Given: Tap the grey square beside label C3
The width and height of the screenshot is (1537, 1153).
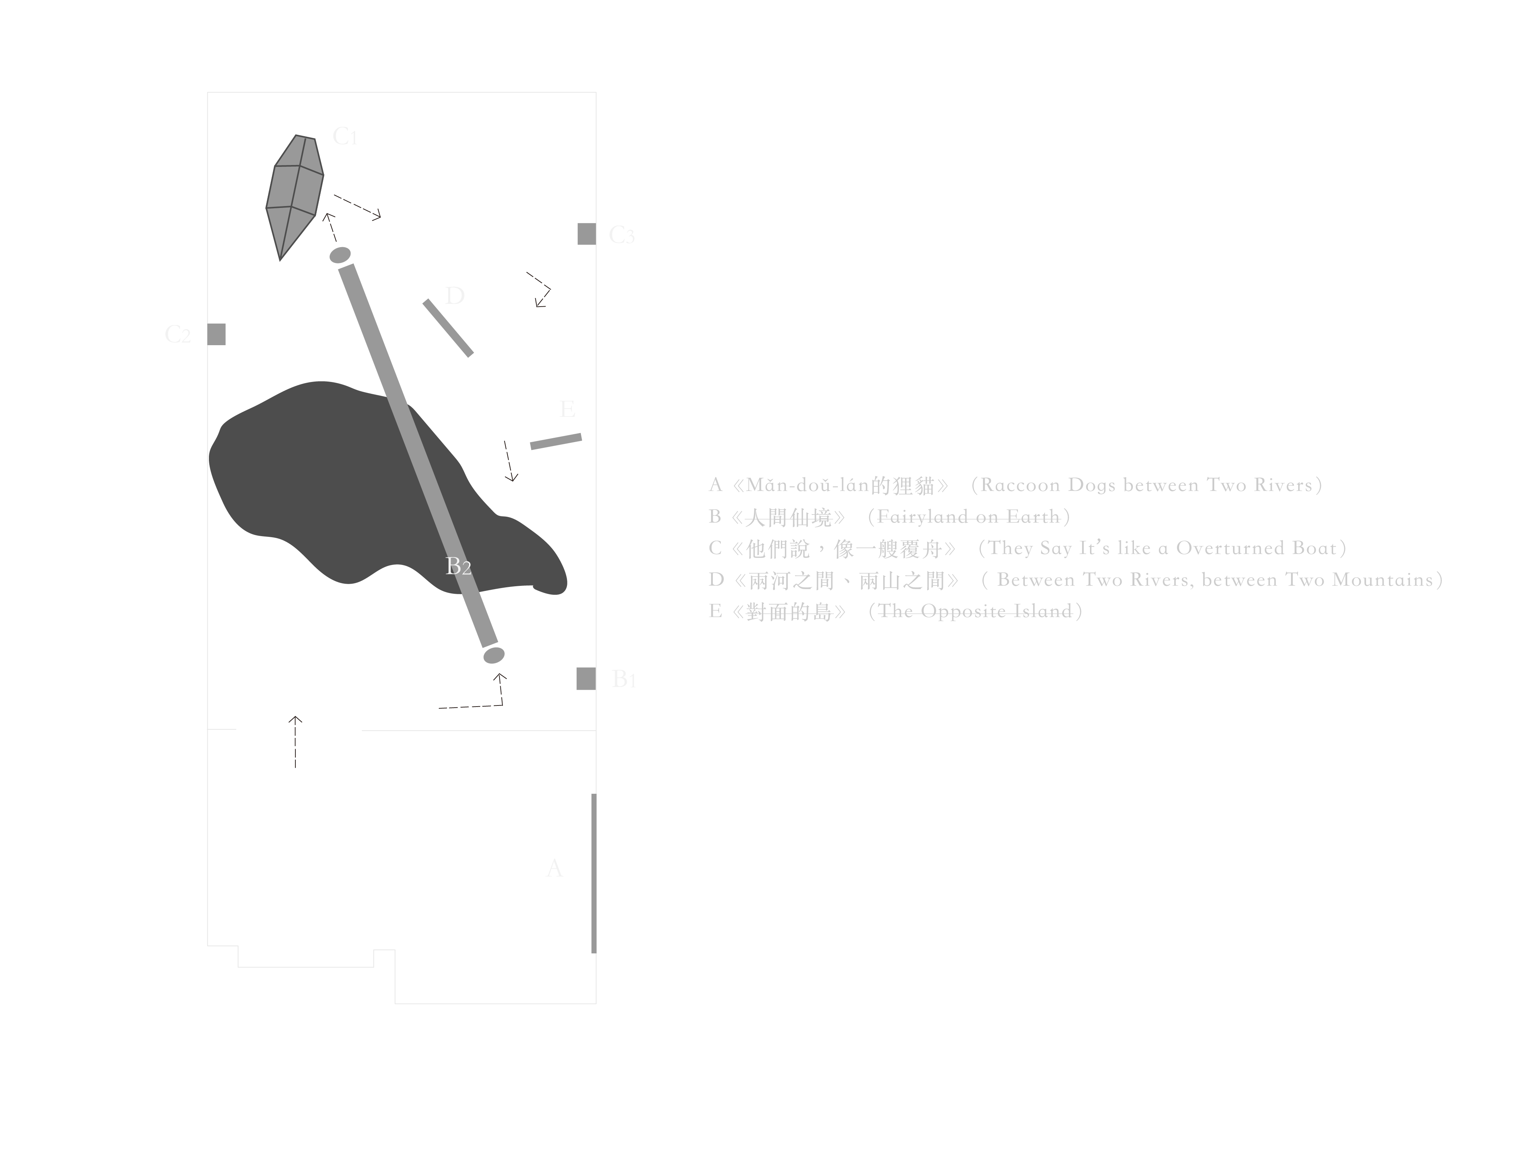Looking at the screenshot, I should coord(586,234).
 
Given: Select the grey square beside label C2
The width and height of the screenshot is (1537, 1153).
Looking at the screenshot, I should coord(217,334).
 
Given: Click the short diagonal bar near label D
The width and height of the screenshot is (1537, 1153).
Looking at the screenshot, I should coord(448,328).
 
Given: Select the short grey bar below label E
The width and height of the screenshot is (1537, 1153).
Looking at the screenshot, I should coord(556,441).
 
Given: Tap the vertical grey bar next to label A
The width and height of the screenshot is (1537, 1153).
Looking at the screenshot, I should coord(593,873).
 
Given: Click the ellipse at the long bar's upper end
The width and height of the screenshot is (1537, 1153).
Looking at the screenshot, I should coord(340,255).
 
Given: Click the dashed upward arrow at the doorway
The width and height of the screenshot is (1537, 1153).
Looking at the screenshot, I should coord(295,742).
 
